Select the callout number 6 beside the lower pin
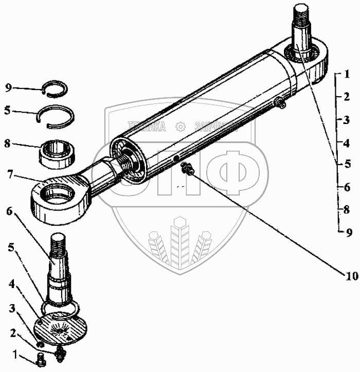pyautogui.click(x=9, y=210)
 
